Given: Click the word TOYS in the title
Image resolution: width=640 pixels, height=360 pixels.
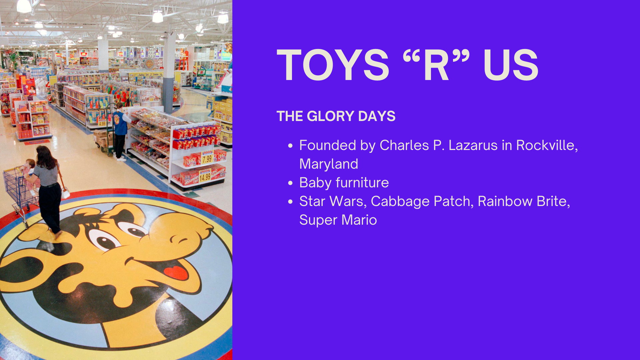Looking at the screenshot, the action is pos(333,65).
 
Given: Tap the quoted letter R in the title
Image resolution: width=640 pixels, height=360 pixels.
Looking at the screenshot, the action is pos(436,65).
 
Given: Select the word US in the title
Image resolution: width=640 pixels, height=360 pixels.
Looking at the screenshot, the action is pos(511,65).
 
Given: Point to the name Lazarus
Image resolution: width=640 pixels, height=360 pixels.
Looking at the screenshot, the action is pos(473,145).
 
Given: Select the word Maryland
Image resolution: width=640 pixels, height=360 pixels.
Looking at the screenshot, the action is pos(329,164).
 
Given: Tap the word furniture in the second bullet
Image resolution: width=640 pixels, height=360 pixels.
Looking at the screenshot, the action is pos(362,183).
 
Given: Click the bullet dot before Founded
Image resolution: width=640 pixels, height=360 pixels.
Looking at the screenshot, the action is pos(290,146).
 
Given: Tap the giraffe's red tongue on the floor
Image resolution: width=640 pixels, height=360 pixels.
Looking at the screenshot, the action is pos(176,272).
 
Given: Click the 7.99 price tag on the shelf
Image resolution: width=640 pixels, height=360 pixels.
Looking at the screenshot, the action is pos(207,159).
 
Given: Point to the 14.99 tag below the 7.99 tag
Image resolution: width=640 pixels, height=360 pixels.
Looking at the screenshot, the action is pos(205,177).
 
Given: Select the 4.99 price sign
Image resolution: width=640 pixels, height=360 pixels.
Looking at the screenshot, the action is pos(102,123).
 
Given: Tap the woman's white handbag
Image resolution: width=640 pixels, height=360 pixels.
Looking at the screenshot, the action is pos(65,193).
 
